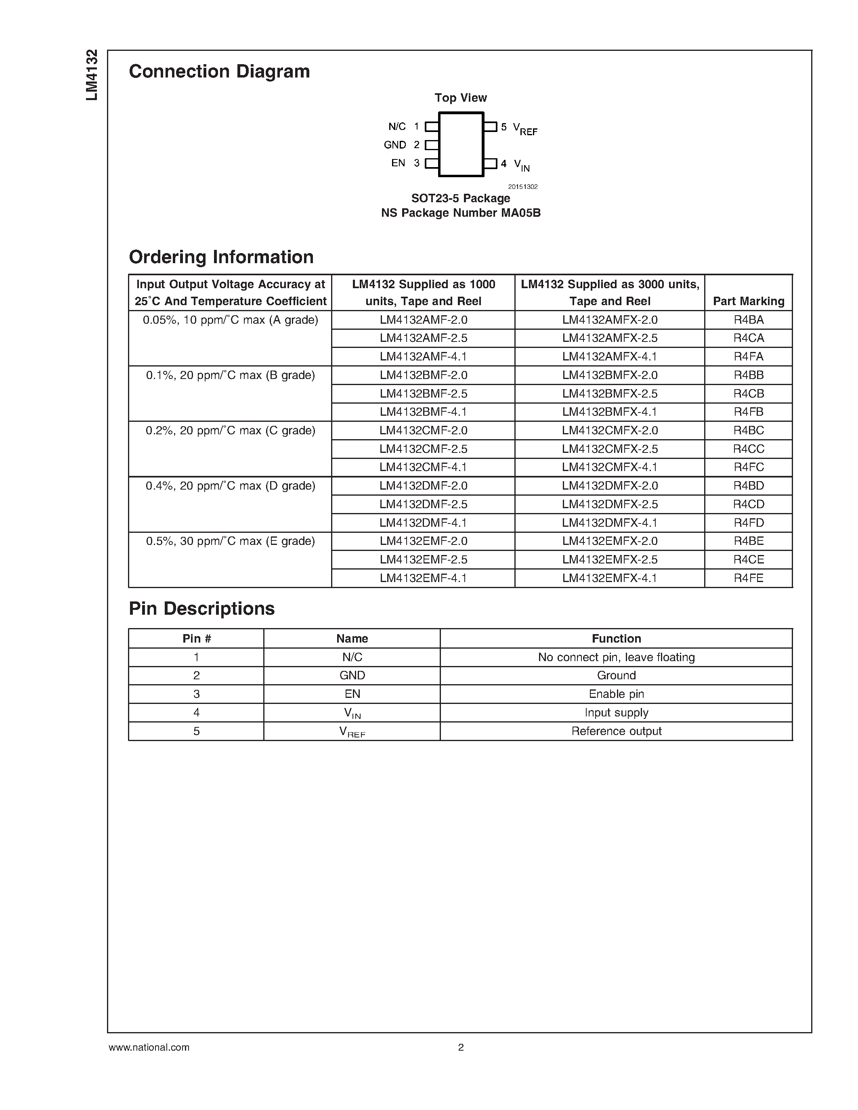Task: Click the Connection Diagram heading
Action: point(219,72)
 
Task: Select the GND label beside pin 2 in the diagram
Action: point(394,145)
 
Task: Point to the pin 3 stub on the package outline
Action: point(432,163)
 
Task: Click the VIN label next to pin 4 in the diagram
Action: point(522,165)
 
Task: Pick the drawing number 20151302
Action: point(522,187)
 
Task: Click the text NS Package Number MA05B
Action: point(461,213)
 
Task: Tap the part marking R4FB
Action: point(748,412)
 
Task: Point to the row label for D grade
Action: point(230,486)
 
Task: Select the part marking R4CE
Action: point(748,559)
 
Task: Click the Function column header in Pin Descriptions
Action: point(616,639)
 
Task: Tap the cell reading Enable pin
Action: point(616,694)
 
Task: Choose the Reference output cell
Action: point(616,731)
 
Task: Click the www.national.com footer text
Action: point(149,1047)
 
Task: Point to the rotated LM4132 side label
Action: point(92,75)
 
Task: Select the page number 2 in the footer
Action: point(461,1047)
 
